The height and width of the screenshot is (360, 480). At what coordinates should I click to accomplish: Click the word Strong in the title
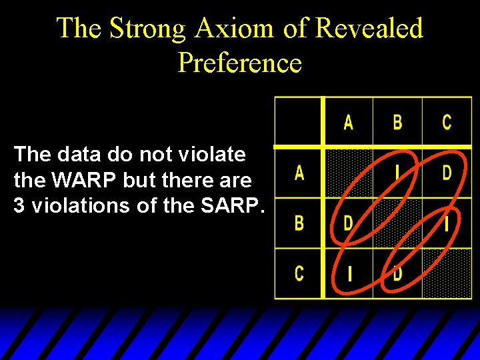(148, 29)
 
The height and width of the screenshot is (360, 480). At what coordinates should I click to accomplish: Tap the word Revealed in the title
(369, 29)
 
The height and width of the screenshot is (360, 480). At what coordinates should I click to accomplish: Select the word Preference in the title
(240, 63)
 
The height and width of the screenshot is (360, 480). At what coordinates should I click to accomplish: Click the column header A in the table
(348, 122)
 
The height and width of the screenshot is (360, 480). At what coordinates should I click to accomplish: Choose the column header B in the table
(397, 122)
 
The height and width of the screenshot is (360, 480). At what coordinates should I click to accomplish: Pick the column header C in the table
(447, 122)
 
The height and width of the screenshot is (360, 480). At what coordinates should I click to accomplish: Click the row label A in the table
(299, 173)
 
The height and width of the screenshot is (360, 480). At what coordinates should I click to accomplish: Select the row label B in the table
(299, 223)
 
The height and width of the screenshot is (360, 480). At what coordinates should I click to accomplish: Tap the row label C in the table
(299, 273)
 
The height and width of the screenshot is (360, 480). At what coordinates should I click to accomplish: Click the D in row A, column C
(447, 173)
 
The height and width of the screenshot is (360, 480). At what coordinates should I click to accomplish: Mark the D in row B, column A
(348, 223)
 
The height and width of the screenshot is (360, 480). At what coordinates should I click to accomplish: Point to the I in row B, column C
(447, 223)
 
